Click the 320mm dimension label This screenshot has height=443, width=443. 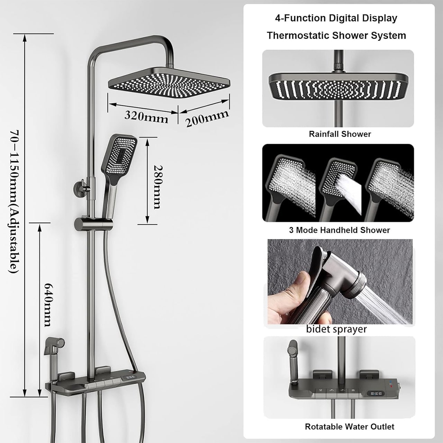click(x=146, y=117)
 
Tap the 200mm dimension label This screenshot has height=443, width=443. click(x=207, y=118)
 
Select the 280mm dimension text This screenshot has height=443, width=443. click(x=159, y=187)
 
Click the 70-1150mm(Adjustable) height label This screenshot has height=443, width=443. click(x=14, y=202)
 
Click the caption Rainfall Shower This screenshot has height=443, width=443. click(x=340, y=134)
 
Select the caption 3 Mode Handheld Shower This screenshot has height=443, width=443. click(x=340, y=230)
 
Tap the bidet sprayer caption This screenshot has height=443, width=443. click(x=336, y=329)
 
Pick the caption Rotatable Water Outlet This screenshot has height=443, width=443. click(x=350, y=427)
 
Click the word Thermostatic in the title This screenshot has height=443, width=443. click(x=298, y=36)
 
